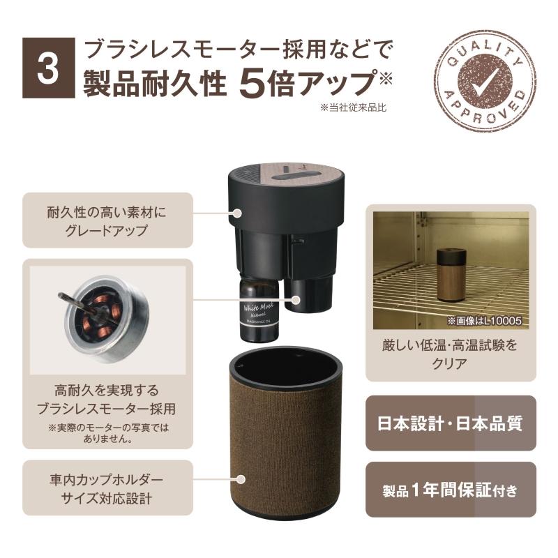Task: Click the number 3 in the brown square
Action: coord(48,68)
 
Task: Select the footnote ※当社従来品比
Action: coord(353,107)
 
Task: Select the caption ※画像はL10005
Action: coord(484,321)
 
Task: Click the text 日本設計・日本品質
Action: coord(450,423)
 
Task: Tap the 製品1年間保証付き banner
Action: coord(451,490)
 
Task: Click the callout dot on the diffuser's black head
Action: coord(237,213)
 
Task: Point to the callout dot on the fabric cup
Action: coord(241,479)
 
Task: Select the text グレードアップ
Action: coord(107,231)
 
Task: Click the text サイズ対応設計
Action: coord(107,498)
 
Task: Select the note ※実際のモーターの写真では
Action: coord(108,427)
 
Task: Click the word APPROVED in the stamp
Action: coord(485,108)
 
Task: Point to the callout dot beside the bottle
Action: coord(295,300)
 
